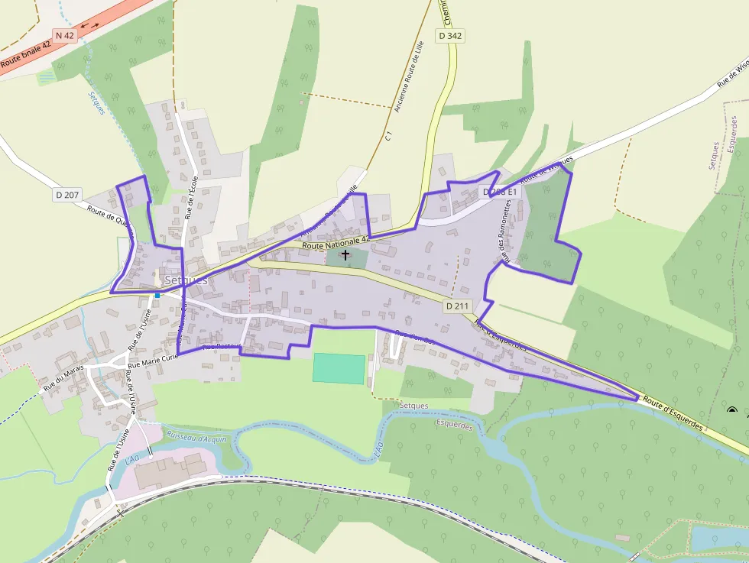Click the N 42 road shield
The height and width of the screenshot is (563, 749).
[64, 35]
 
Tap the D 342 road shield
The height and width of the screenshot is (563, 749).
[451, 36]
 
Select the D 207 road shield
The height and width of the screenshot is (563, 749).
[67, 195]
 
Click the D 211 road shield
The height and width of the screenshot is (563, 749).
[456, 306]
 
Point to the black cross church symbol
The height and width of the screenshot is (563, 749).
[345, 254]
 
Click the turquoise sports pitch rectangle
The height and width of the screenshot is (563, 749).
[339, 369]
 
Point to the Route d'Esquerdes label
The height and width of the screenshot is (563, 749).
[672, 413]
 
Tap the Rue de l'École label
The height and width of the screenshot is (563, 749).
[193, 198]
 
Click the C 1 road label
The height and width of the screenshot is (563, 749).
[389, 137]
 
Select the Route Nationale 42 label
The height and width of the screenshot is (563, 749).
[336, 242]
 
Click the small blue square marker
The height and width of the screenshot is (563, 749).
[157, 295]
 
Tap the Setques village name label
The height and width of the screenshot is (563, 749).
[186, 280]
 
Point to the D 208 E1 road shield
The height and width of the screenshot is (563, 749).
[501, 192]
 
